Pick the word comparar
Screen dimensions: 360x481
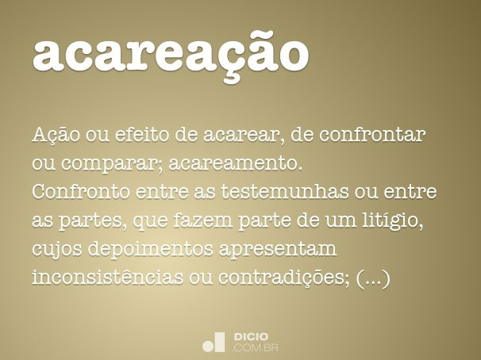(x=103, y=164)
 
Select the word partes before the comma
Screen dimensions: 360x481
(x=90, y=221)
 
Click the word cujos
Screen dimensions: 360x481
(x=57, y=250)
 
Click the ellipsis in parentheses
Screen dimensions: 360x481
(x=373, y=279)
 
